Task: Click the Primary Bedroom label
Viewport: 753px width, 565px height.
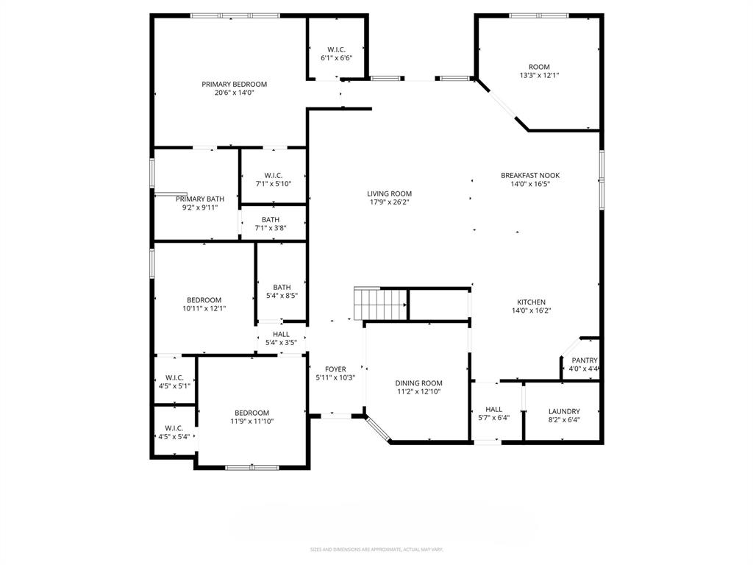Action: click(234, 85)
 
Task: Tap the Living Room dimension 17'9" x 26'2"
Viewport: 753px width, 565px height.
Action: click(389, 202)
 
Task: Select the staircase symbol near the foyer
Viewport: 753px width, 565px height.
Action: click(380, 303)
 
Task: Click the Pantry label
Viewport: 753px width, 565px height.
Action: click(584, 360)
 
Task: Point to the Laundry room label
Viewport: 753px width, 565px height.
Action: click(564, 411)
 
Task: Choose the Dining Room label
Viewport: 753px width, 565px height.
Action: click(418, 383)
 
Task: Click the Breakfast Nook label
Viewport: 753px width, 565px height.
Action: click(530, 175)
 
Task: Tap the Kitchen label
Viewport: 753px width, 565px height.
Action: click(531, 302)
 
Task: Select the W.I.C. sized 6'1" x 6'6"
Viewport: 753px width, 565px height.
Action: click(337, 49)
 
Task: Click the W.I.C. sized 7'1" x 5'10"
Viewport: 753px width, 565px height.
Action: click(274, 175)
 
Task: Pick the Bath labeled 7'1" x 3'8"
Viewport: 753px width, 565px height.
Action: click(271, 220)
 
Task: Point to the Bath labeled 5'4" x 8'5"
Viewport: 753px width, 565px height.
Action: click(282, 288)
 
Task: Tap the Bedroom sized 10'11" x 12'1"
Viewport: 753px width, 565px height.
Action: click(204, 300)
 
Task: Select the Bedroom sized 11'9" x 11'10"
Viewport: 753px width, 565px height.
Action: click(251, 413)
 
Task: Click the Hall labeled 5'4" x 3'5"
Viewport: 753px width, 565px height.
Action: click(281, 335)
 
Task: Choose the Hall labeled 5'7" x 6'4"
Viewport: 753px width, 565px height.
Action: click(493, 410)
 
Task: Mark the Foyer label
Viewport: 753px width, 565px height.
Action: click(335, 369)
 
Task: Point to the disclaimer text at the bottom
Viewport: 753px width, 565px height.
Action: click(376, 550)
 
